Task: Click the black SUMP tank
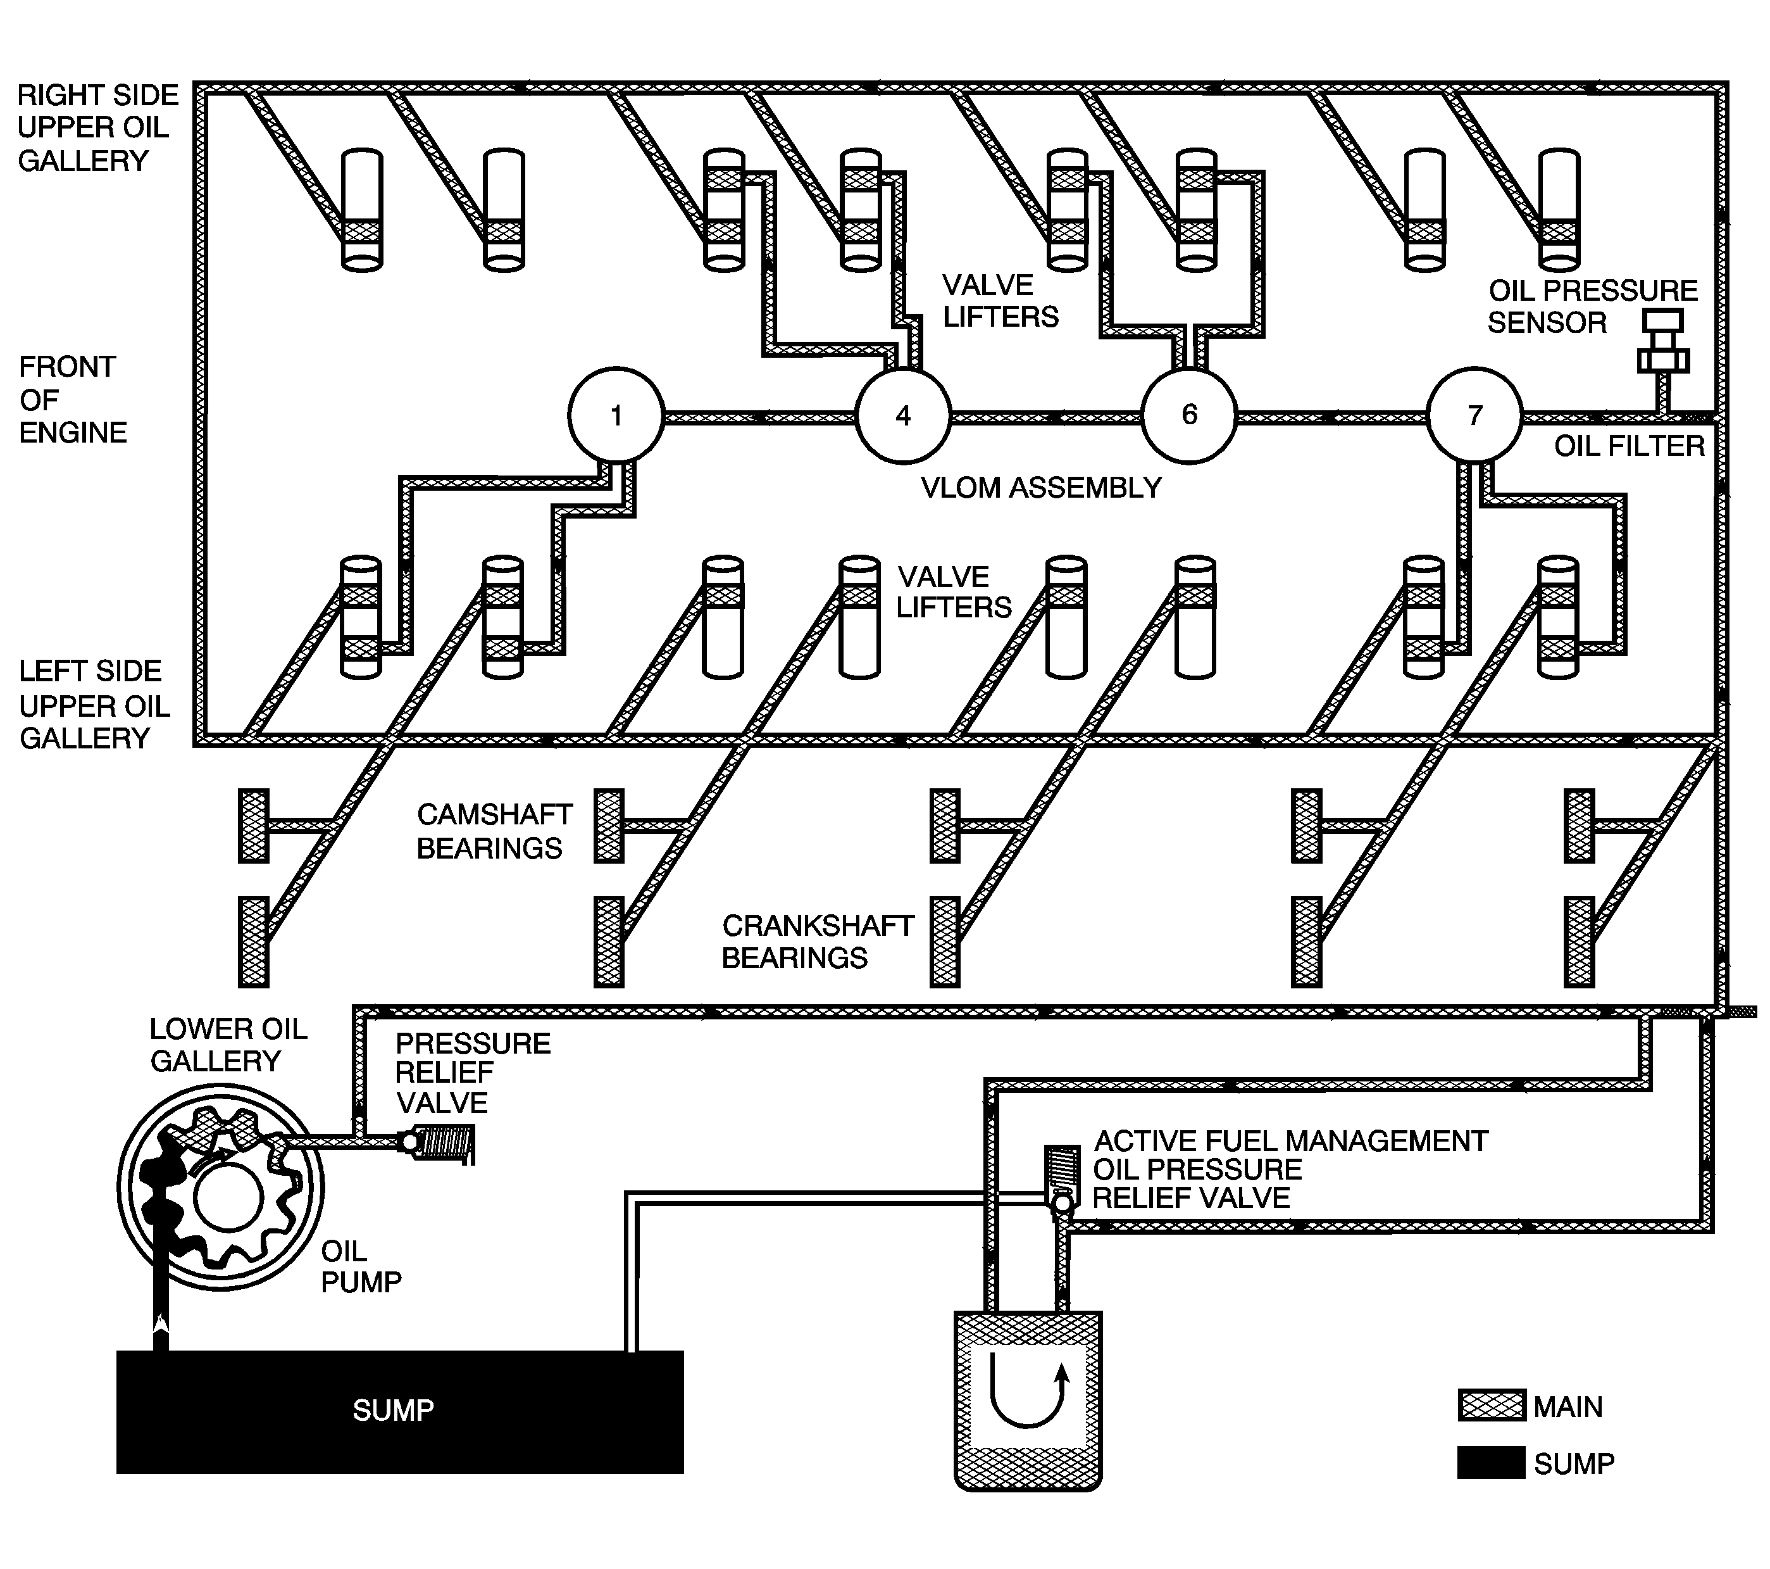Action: [400, 1411]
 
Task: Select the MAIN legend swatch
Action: [1491, 1405]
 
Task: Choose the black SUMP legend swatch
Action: [1491, 1463]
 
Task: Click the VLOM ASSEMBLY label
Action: [1041, 488]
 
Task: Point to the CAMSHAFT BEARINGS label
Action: [494, 831]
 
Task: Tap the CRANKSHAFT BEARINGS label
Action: [818, 942]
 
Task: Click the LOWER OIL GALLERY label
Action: [228, 1045]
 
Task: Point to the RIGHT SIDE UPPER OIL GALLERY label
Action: [97, 127]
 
